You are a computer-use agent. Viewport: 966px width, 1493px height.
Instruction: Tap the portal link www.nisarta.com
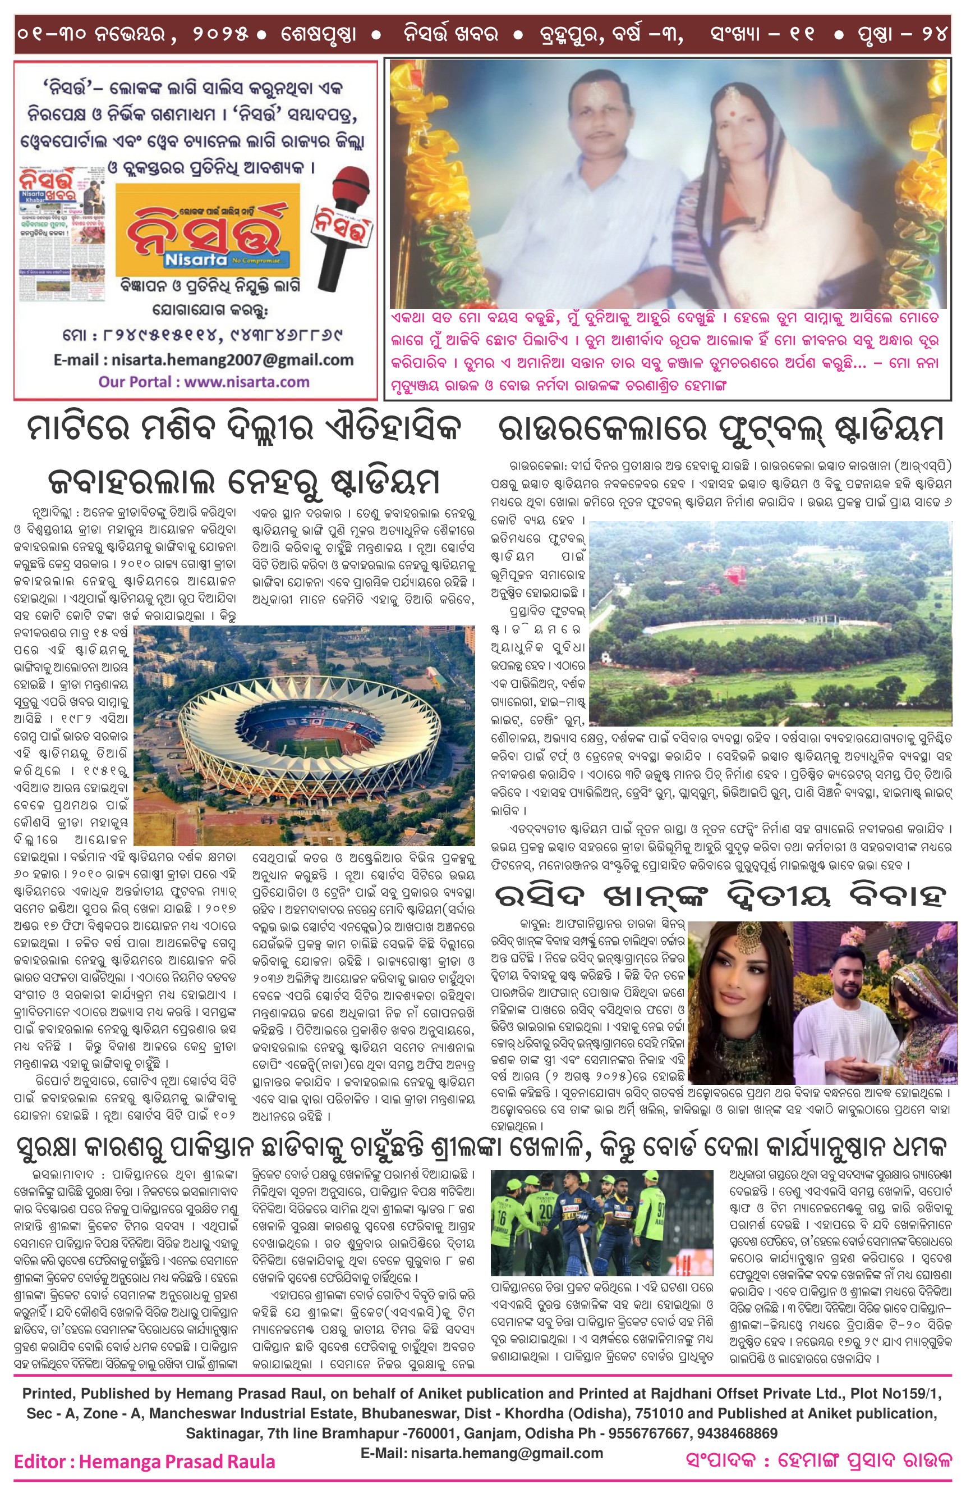pos(203,381)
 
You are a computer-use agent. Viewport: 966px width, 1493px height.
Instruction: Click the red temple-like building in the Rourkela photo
pos(732,578)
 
